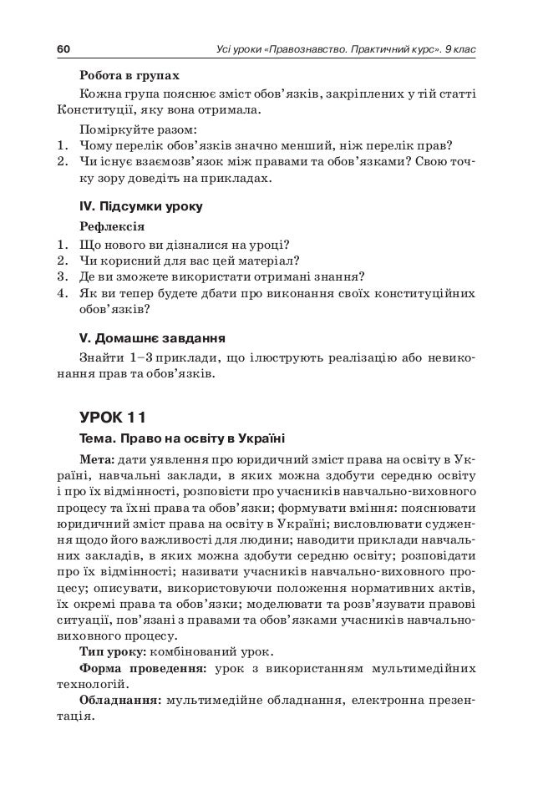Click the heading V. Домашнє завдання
(x=150, y=338)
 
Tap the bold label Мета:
(x=97, y=460)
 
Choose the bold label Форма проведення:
(x=141, y=669)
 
